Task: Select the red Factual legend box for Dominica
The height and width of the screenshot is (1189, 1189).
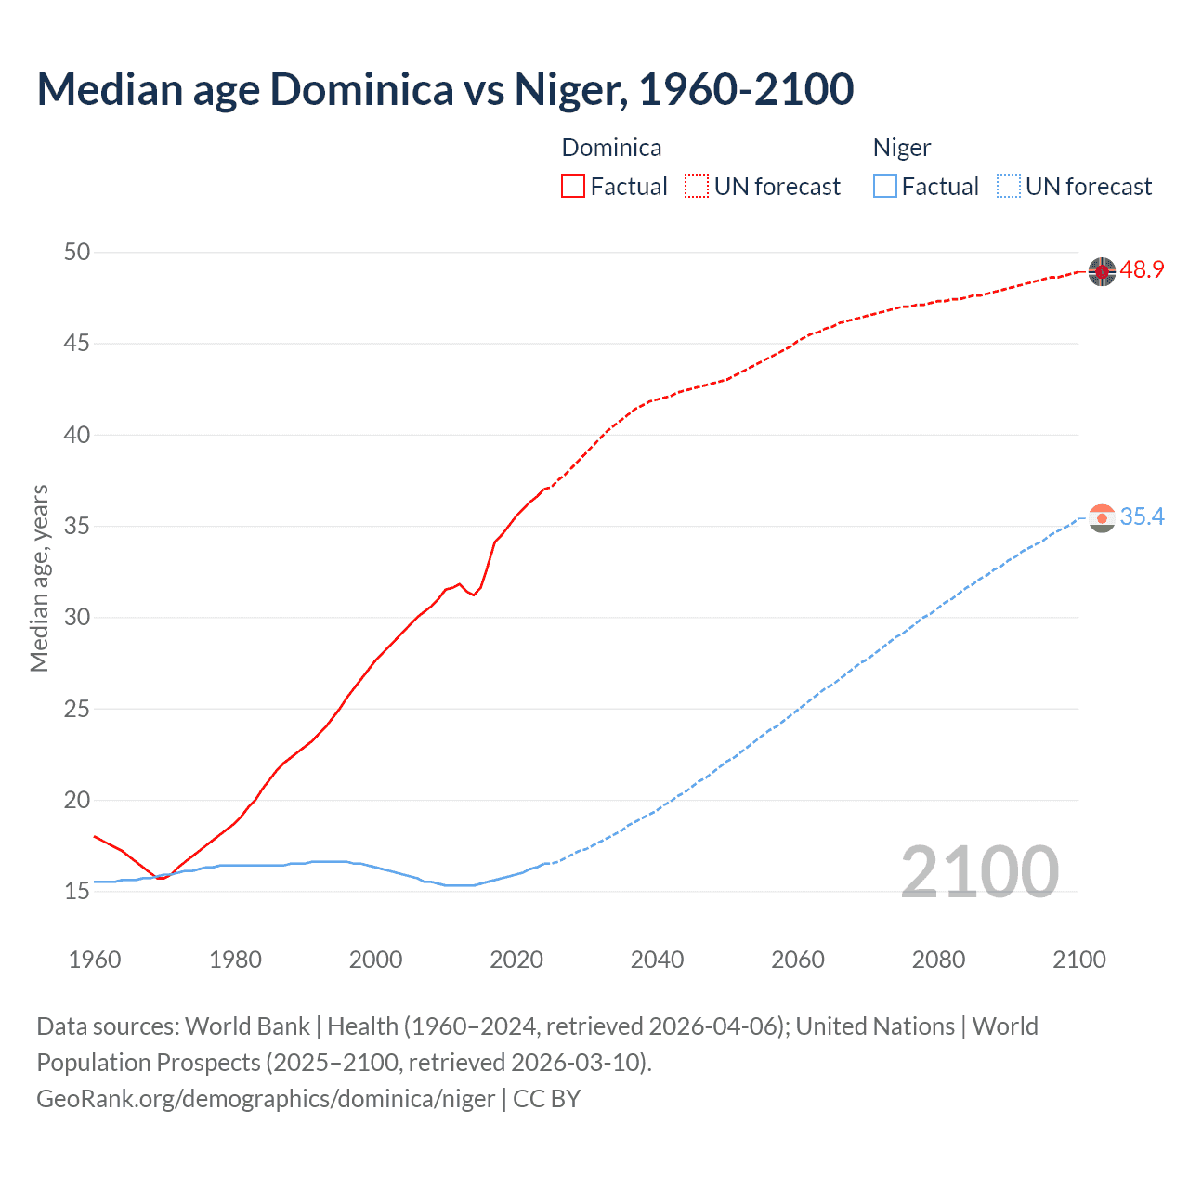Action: pos(573,186)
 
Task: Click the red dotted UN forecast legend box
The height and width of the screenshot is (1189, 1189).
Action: pos(697,186)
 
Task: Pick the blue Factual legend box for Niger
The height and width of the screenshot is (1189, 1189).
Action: pos(884,186)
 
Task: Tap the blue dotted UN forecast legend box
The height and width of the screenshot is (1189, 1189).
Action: pos(1008,186)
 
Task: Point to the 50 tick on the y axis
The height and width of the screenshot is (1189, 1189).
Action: pos(78,252)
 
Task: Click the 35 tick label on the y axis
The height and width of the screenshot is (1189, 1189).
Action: pos(78,526)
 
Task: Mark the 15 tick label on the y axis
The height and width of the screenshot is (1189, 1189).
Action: pos(78,891)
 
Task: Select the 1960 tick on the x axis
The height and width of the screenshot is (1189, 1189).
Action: pos(95,960)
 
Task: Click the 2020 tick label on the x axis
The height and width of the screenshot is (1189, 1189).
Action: pos(516,960)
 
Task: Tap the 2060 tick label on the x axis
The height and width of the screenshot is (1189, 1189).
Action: pos(798,960)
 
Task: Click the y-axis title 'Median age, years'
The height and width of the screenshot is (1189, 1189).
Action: pos(39,578)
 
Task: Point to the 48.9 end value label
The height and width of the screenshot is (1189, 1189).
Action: pos(1142,270)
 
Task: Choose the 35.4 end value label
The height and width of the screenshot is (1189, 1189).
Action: pos(1142,517)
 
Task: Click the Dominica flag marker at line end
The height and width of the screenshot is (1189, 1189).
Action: pos(1102,271)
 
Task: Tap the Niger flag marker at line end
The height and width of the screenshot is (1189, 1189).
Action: pos(1102,518)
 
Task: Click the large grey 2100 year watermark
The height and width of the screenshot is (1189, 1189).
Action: pos(979,871)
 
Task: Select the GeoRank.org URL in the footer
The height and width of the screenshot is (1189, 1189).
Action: pos(266,1099)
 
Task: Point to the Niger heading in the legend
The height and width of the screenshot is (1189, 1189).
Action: pos(901,148)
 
